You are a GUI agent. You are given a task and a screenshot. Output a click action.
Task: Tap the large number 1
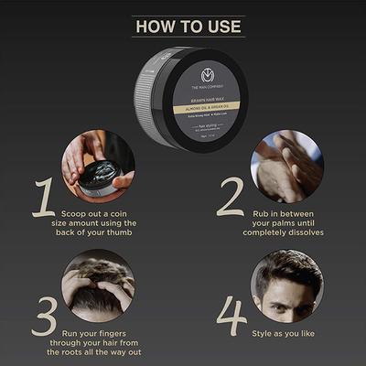pyautogui.click(x=43, y=198)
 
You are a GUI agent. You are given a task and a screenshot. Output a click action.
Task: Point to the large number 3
pyautogui.click(x=43, y=316)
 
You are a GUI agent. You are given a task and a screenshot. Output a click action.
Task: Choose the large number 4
pyautogui.click(x=231, y=316)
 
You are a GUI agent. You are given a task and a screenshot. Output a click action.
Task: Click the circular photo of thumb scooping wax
pyautogui.click(x=98, y=165)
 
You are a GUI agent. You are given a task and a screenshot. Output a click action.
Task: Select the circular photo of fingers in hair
pyautogui.click(x=98, y=283)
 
